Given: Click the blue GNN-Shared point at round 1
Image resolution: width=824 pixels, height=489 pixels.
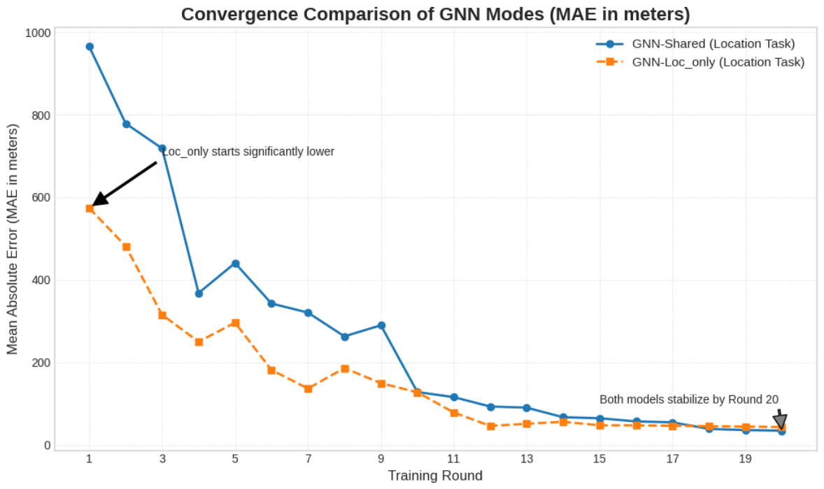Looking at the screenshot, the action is (x=90, y=47).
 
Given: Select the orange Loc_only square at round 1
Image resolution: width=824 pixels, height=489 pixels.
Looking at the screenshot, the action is (x=90, y=208).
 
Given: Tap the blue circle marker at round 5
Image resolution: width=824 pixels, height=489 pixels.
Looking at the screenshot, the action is (x=236, y=264).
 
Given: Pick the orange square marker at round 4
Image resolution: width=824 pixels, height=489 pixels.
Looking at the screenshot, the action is (x=199, y=342).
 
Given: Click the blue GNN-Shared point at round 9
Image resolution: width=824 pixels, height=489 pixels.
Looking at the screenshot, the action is (x=381, y=325).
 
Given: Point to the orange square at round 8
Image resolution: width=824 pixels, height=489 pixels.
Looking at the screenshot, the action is (x=345, y=369).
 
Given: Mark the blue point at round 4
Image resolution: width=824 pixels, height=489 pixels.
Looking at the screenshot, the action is (x=199, y=293).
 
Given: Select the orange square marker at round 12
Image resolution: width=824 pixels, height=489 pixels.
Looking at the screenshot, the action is (x=491, y=426).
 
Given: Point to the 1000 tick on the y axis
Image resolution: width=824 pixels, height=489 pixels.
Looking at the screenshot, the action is (x=38, y=33).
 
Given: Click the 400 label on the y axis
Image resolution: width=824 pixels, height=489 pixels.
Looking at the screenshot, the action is (x=41, y=281).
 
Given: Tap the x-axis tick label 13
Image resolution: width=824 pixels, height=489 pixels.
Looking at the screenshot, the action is (x=527, y=459).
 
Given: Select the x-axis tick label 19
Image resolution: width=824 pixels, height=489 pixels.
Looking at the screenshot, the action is (x=745, y=459).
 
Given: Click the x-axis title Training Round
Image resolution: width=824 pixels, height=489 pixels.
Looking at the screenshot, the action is (x=435, y=476).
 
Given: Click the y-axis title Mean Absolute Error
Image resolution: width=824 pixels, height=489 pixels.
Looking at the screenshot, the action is (x=12, y=239).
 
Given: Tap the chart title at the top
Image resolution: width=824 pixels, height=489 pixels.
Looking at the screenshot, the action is (x=435, y=14).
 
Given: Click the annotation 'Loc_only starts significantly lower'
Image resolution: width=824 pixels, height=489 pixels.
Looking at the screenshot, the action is (x=248, y=151).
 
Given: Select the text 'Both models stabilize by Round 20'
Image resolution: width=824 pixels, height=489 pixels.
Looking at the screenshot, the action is (x=689, y=399).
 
